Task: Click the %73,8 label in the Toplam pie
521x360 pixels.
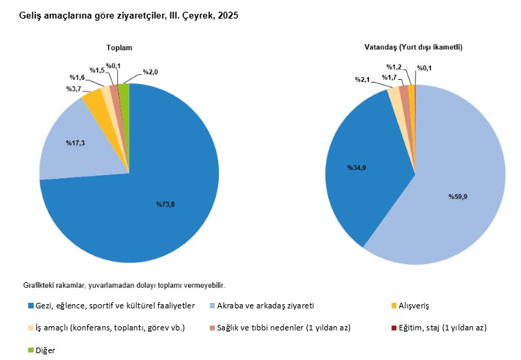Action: (164, 204)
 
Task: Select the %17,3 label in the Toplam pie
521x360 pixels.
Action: (76, 142)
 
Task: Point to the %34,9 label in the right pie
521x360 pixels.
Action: (356, 167)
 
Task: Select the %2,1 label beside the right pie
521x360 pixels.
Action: (363, 80)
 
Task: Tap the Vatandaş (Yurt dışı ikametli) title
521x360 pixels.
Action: (413, 47)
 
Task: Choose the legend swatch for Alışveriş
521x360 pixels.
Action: (394, 305)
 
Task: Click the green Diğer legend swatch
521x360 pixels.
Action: (30, 350)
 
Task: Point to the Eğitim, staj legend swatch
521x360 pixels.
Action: (394, 328)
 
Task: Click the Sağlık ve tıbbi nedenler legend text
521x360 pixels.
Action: (284, 328)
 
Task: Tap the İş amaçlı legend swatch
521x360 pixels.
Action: (30, 328)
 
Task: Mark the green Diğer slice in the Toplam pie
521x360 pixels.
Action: (125, 87)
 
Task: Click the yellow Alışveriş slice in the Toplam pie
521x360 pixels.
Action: (93, 103)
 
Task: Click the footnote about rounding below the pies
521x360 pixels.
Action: (124, 284)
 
